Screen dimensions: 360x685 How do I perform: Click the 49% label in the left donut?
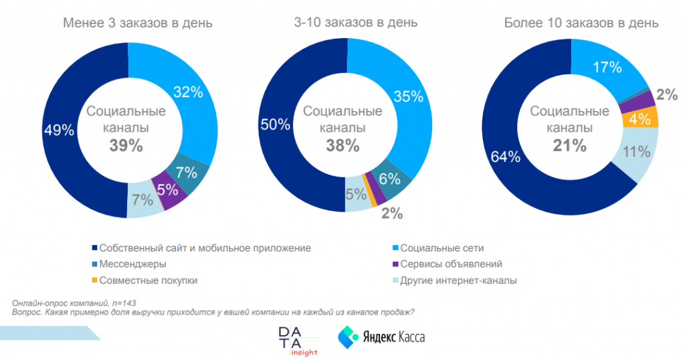click(59, 130)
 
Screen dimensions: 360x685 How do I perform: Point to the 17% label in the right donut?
click(607, 67)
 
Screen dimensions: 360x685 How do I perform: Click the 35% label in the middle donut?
click(407, 96)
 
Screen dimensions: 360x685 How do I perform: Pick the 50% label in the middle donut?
click(275, 124)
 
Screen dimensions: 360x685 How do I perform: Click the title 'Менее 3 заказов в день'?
click(138, 23)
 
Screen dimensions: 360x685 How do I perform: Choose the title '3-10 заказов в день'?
click(356, 22)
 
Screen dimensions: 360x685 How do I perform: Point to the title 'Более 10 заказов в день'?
click(581, 23)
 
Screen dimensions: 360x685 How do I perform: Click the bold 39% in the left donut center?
click(126, 145)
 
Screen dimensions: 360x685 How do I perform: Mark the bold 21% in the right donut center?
click(569, 145)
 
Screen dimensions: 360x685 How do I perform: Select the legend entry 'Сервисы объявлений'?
click(450, 264)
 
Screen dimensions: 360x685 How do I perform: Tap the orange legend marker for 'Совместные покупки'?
click(94, 280)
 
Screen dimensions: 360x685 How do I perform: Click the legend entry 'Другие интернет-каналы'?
click(458, 280)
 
